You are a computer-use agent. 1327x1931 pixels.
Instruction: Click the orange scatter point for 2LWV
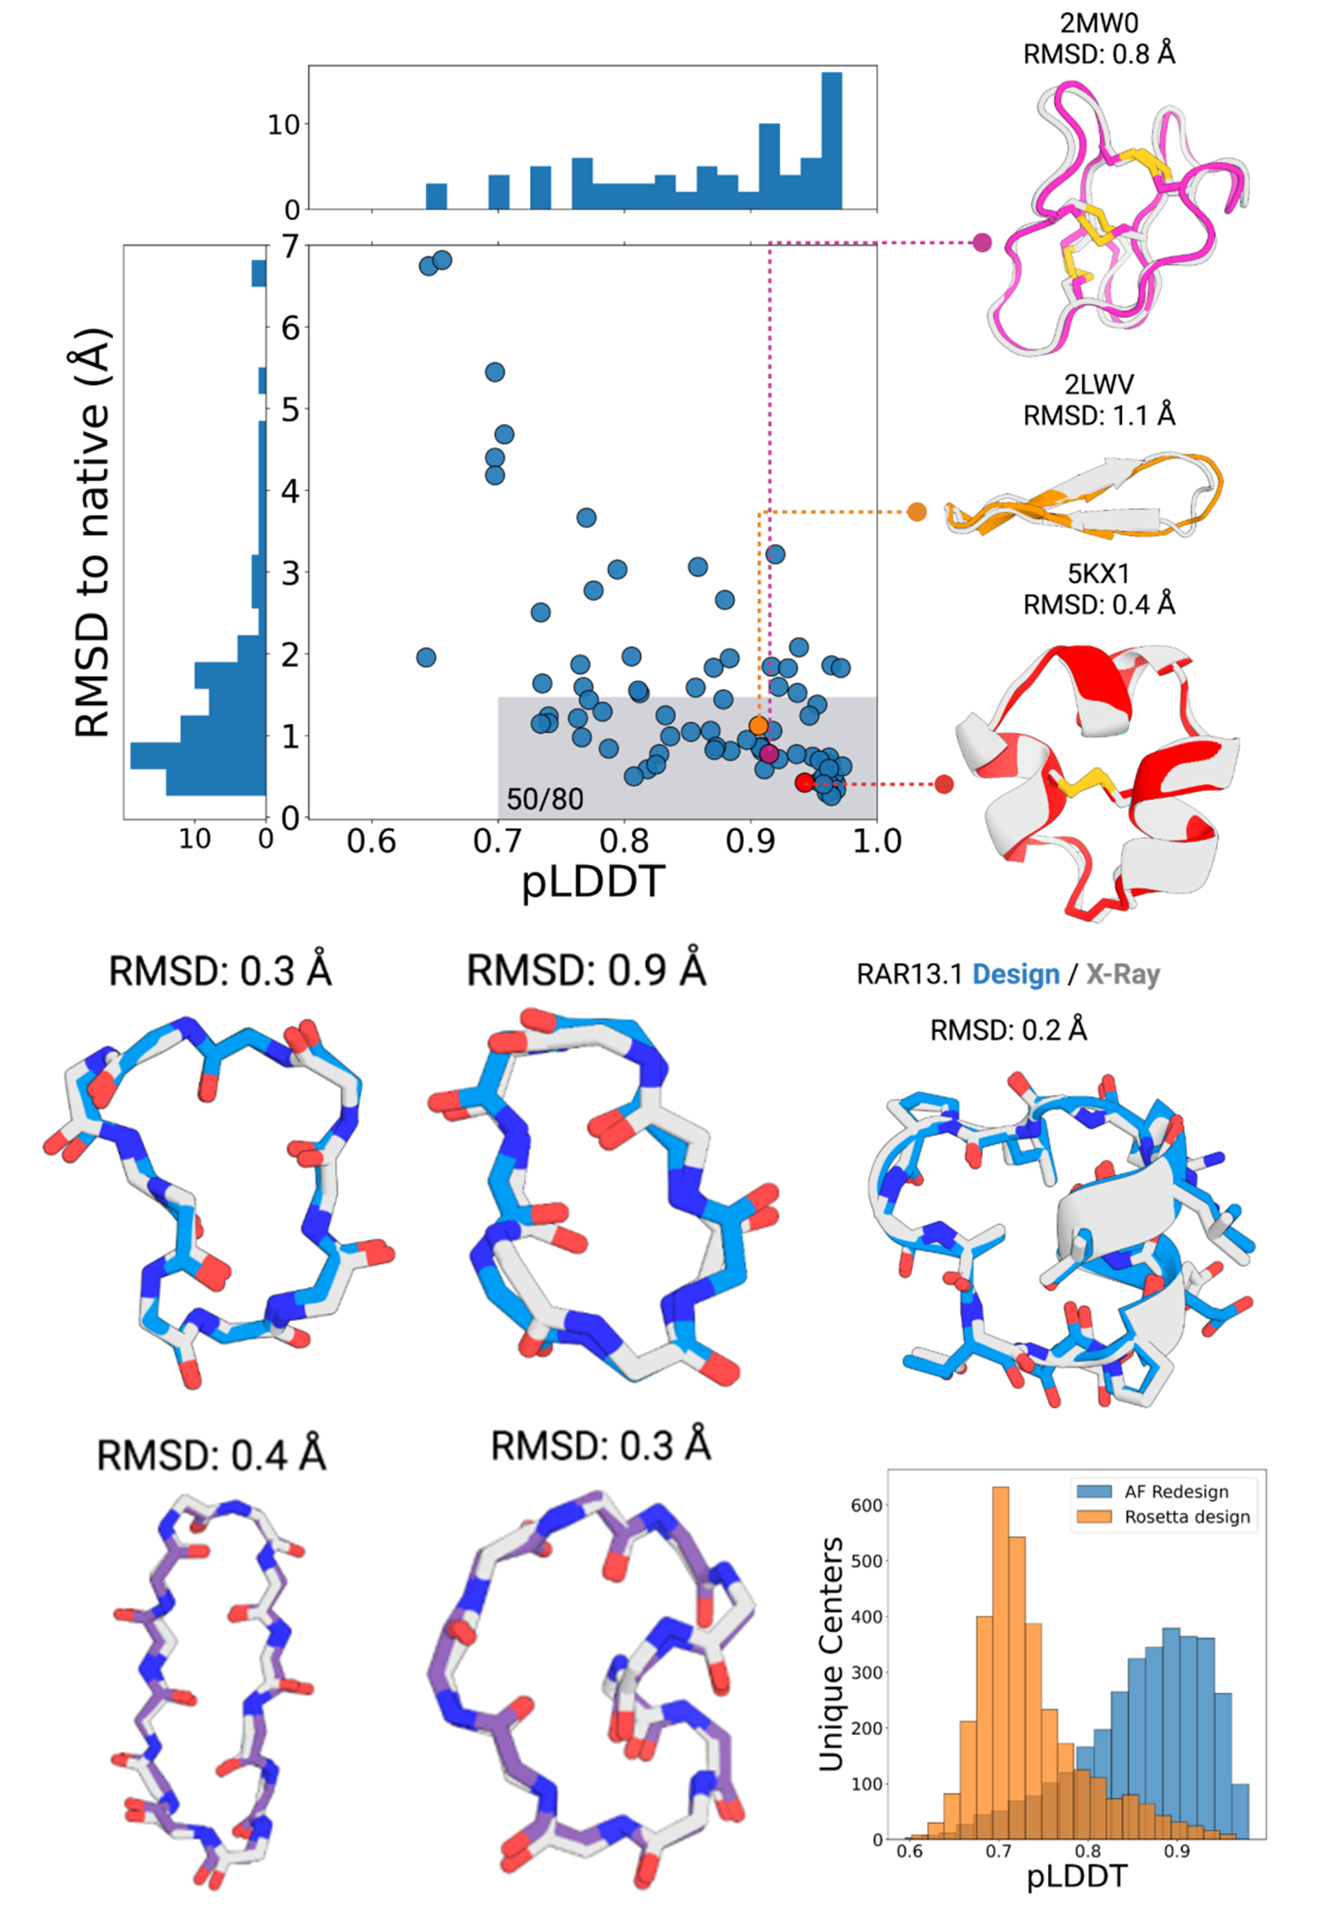[x=758, y=725]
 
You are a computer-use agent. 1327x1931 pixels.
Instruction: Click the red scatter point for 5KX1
[x=803, y=783]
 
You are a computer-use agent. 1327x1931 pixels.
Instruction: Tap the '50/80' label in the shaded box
[x=544, y=799]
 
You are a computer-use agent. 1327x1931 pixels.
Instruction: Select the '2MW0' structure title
[x=1099, y=23]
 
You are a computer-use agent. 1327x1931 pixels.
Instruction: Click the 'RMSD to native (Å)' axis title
[x=92, y=532]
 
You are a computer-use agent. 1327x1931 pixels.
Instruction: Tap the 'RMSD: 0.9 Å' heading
[x=586, y=970]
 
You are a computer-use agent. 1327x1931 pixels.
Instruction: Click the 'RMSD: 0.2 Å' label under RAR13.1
[x=1008, y=1030]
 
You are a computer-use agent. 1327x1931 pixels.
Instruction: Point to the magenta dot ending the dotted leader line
[x=982, y=243]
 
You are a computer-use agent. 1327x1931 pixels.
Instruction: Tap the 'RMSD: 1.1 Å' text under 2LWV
[x=1099, y=414]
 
